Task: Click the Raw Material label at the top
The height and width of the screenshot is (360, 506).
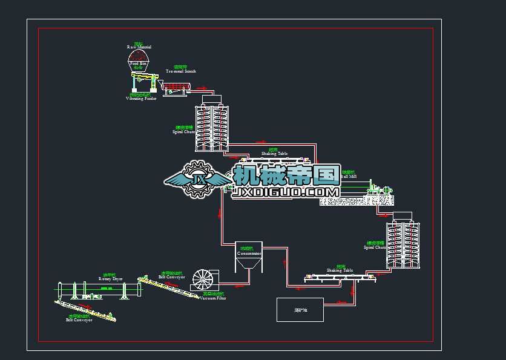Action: tap(139, 46)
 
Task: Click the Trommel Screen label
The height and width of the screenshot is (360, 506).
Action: tap(180, 70)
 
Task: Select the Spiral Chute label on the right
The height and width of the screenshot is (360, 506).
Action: tap(375, 246)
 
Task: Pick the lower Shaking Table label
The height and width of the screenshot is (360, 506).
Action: tap(340, 270)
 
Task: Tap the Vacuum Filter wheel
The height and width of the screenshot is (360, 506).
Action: tap(205, 280)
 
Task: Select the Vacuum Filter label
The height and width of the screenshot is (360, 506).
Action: tap(213, 297)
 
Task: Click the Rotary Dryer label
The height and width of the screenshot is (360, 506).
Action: tap(110, 278)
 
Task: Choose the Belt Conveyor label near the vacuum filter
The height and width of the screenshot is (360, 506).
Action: tap(171, 275)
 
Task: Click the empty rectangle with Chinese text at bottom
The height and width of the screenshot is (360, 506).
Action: tap(300, 309)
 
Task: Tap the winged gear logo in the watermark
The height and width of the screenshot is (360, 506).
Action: tap(198, 179)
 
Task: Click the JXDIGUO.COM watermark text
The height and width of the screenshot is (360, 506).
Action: tap(287, 192)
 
